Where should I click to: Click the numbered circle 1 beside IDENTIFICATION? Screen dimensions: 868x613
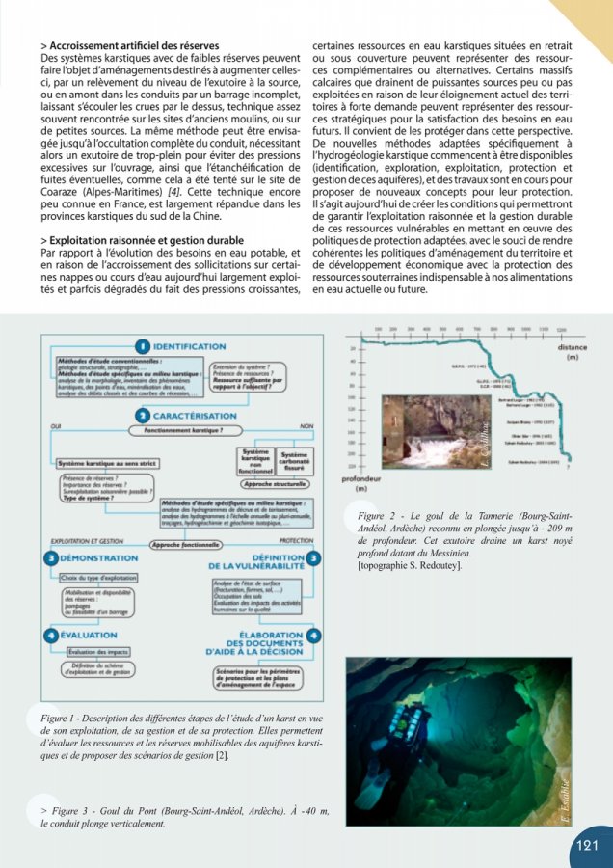143,344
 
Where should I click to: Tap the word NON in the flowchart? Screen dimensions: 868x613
306,425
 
